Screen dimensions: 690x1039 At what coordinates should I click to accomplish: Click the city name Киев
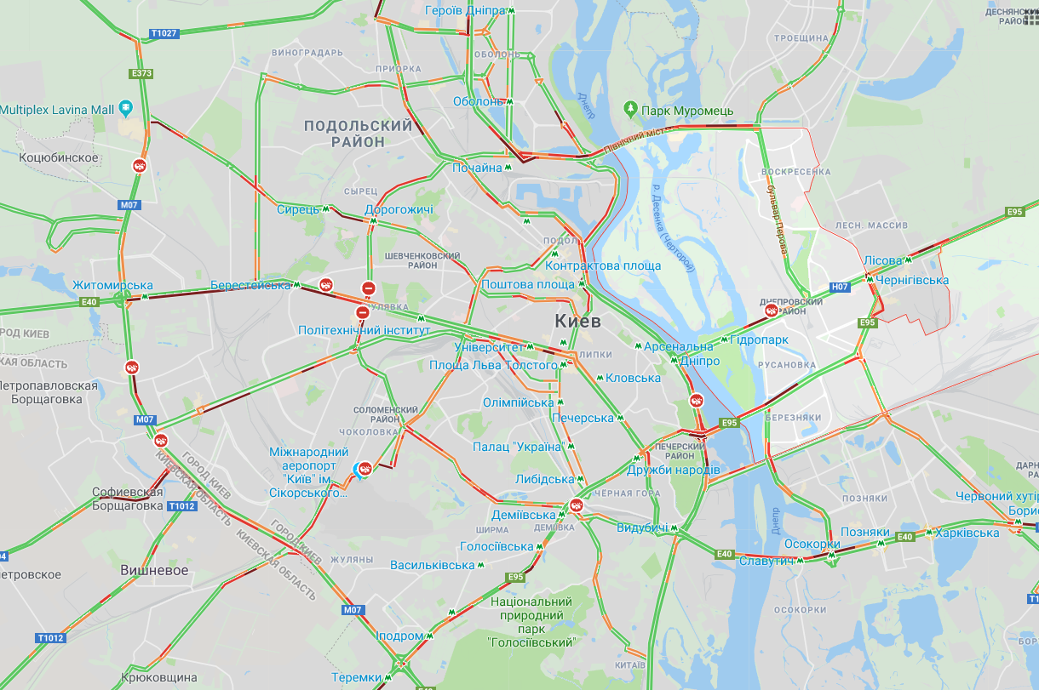click(x=577, y=322)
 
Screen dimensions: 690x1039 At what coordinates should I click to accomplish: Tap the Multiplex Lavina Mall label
click(x=56, y=110)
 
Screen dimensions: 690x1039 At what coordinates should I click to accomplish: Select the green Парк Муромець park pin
click(x=630, y=109)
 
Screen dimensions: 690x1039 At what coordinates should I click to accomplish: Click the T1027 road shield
click(x=164, y=34)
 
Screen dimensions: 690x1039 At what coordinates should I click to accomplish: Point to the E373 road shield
click(x=142, y=74)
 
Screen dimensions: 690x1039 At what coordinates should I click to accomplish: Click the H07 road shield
click(x=841, y=287)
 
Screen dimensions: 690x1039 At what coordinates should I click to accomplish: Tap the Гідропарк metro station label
click(x=759, y=339)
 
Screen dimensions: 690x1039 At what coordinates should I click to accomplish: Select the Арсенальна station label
click(x=678, y=346)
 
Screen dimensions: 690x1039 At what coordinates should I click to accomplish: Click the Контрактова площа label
click(x=603, y=265)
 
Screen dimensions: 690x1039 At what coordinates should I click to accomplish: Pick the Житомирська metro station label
click(x=112, y=285)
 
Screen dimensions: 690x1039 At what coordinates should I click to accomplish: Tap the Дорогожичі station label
click(x=399, y=209)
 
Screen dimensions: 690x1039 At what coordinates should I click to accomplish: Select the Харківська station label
click(x=967, y=533)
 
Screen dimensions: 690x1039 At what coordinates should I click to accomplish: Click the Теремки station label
click(x=356, y=677)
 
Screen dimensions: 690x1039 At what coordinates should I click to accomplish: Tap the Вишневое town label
click(x=154, y=570)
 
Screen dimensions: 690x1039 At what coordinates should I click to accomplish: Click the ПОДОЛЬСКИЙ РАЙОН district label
click(x=358, y=134)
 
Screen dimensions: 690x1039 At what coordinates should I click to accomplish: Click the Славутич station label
click(x=766, y=561)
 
